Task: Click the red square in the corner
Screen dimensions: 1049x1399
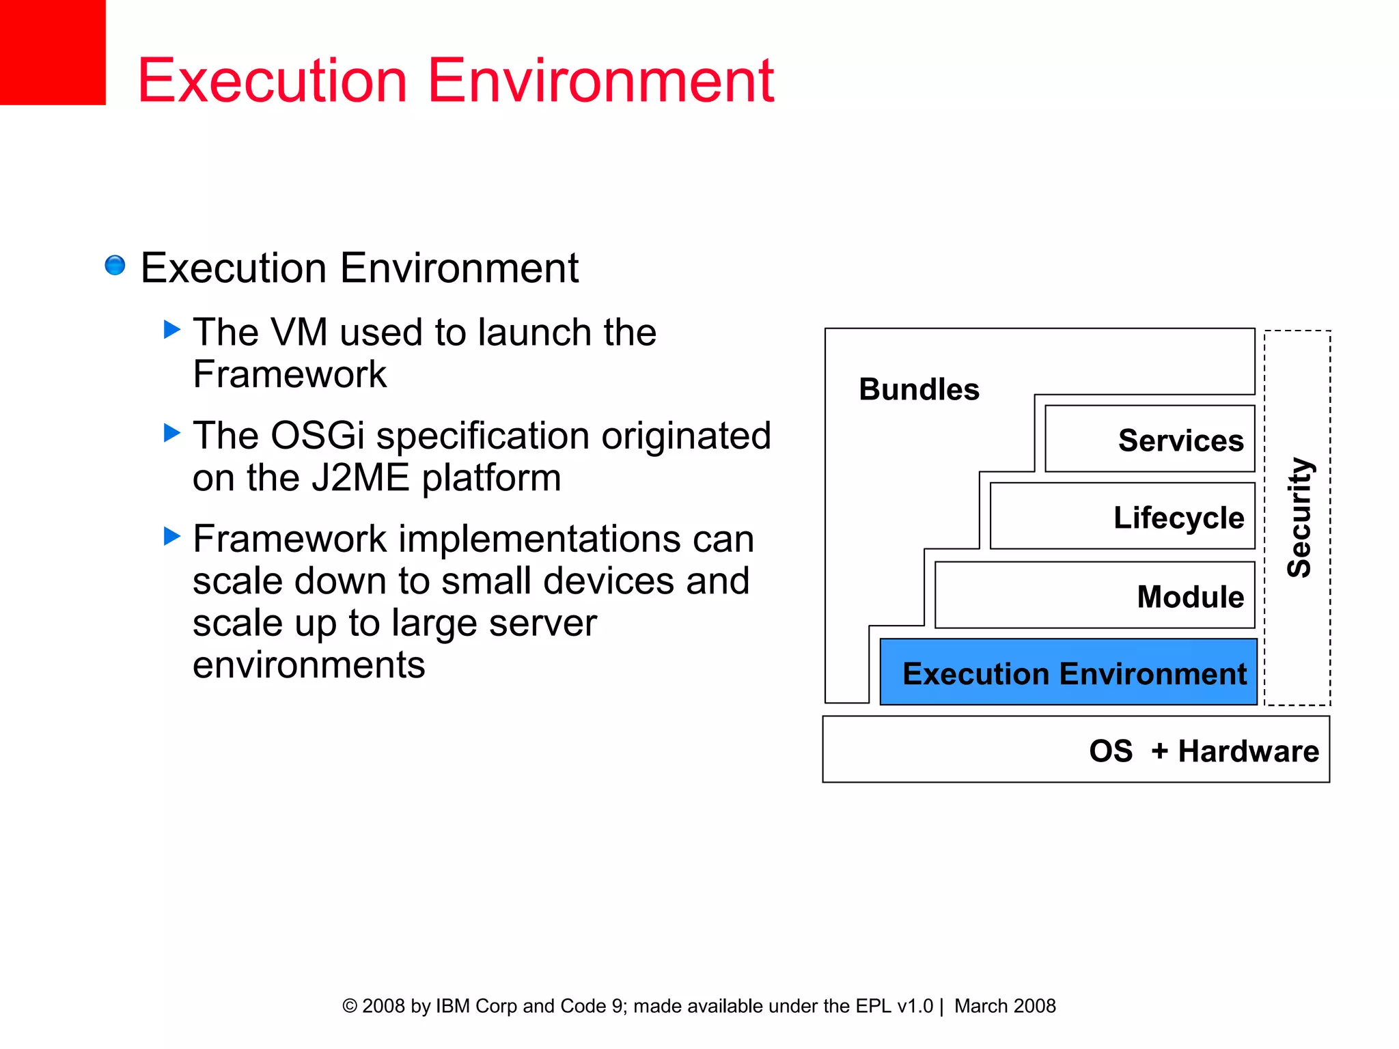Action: coord(52,52)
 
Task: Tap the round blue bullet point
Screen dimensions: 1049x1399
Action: coord(115,265)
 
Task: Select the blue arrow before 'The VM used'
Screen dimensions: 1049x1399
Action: coord(172,330)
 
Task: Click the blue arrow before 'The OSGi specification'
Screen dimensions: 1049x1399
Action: coord(172,433)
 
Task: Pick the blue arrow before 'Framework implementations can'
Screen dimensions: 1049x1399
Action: coord(172,536)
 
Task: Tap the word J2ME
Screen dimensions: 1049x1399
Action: coord(360,478)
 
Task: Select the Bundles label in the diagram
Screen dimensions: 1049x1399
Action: coord(919,389)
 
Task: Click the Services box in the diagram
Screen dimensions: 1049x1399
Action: coord(1150,439)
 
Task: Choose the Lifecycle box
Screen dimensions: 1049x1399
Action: coord(1123,516)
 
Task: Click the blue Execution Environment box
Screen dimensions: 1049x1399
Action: coord(1068,673)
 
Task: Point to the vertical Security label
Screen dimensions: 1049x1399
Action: coord(1299,517)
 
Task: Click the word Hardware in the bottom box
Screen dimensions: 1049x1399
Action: coord(1248,751)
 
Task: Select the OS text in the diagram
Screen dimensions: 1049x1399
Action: coord(1111,751)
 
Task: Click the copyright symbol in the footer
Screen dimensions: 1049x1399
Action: coord(349,1006)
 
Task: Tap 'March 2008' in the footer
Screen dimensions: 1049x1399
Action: coord(1005,1006)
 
